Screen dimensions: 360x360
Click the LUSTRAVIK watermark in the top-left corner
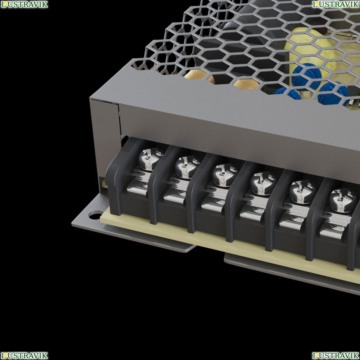pos(24,4)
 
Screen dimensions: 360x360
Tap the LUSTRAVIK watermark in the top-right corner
pos(336,4)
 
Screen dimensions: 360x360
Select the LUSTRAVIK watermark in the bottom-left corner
pos(24,355)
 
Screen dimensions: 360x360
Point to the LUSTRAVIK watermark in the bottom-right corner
pos(336,355)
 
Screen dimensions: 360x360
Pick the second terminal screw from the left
pos(187,167)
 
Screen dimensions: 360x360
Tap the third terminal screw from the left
pos(225,175)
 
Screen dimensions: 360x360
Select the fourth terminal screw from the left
pos(263,183)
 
